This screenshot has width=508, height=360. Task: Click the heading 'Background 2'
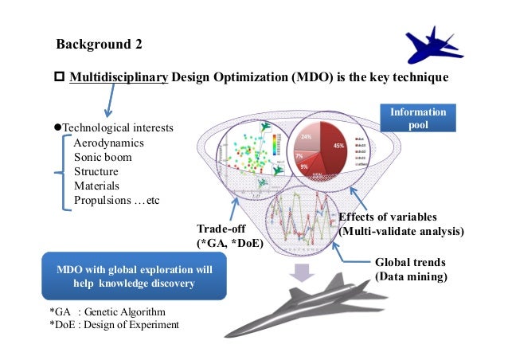100,43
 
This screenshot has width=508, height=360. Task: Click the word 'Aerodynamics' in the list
109,143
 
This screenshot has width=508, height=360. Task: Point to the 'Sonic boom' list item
103,157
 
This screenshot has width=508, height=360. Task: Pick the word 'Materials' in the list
96,185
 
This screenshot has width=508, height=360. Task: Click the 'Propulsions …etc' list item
116,199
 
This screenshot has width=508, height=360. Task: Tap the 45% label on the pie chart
338,146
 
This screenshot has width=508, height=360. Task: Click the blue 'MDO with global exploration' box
135,276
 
